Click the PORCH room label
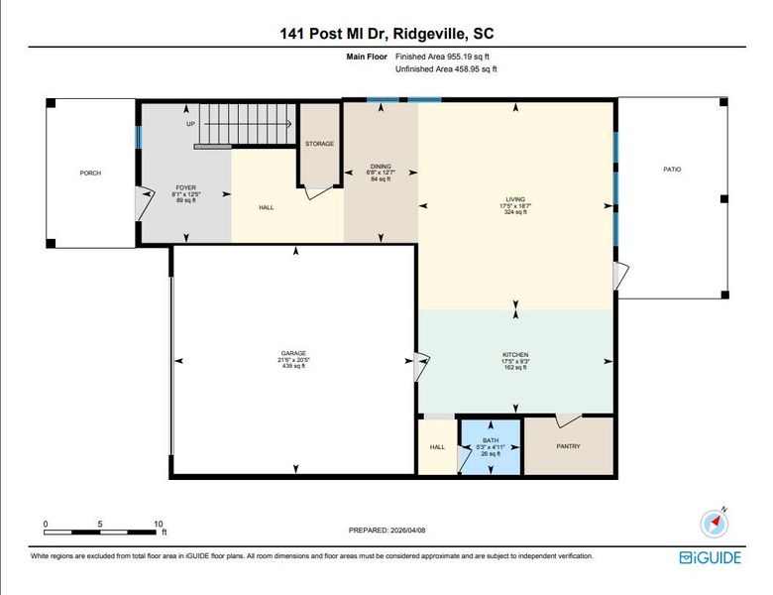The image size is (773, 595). click(90, 173)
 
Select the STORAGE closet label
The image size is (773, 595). click(319, 144)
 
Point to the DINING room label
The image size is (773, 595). click(381, 166)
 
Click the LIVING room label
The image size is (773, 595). click(515, 198)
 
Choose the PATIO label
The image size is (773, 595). click(672, 170)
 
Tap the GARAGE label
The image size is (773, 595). click(292, 353)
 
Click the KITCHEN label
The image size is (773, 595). click(515, 354)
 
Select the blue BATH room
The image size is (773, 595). click(491, 446)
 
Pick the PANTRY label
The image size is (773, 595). click(568, 445)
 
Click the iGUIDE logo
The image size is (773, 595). click(710, 557)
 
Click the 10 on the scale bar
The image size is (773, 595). click(158, 523)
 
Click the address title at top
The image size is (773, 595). click(386, 33)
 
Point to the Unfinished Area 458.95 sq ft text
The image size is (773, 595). click(446, 69)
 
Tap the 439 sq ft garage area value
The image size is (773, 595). click(292, 367)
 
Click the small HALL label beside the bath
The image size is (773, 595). click(437, 446)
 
